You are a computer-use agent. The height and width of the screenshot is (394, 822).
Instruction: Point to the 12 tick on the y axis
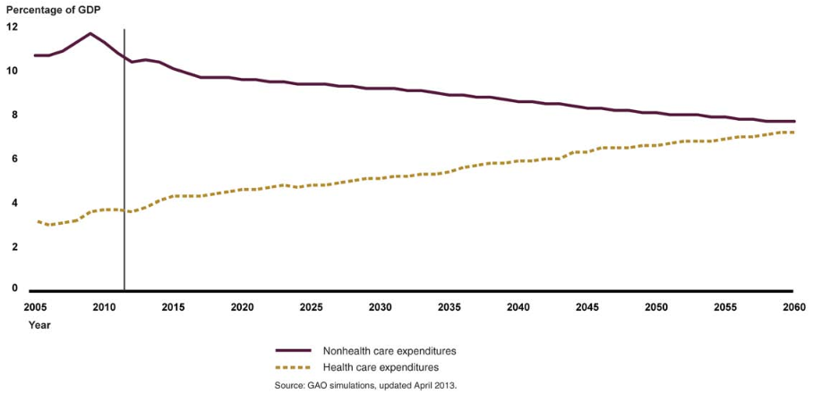click(12, 27)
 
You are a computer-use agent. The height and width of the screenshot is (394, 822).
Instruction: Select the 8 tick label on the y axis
click(12, 115)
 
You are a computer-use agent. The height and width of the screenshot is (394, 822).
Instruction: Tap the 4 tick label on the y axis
click(12, 202)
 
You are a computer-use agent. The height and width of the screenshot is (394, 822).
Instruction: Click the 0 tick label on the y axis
click(12, 289)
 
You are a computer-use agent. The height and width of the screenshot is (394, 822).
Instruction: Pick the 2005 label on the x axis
click(35, 308)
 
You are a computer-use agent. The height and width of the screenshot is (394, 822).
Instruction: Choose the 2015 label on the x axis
click(173, 308)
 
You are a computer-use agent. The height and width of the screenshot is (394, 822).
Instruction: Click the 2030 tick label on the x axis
click(380, 308)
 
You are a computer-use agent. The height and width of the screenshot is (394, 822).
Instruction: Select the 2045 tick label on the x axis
click(587, 308)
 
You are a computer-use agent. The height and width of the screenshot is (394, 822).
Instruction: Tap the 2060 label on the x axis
click(794, 308)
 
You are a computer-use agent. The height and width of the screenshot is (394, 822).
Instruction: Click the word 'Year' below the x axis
click(39, 325)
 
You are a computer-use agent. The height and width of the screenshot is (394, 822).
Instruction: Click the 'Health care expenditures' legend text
click(385, 367)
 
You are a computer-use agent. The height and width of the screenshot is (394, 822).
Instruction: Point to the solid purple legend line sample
click(293, 351)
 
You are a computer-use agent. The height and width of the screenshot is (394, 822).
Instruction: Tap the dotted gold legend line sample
click(293, 367)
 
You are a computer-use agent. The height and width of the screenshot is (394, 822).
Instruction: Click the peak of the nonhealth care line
click(90, 34)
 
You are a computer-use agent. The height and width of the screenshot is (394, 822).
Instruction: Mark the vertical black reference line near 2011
click(124, 161)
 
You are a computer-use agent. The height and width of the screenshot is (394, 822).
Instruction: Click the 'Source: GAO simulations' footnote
click(367, 385)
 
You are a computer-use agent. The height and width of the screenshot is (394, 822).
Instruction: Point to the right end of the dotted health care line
click(793, 133)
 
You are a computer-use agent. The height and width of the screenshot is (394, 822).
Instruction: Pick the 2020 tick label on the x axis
click(242, 308)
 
